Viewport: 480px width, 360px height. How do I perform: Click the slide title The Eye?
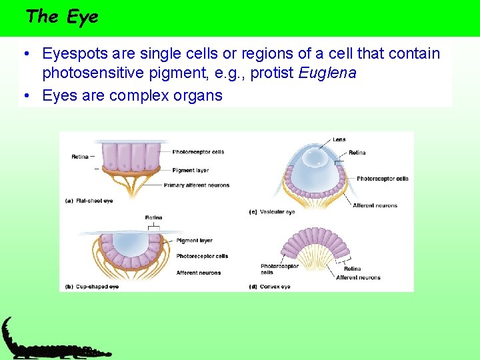click(x=61, y=17)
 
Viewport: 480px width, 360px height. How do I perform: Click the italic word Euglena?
click(x=327, y=73)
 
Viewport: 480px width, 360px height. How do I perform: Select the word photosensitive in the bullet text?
click(x=102, y=73)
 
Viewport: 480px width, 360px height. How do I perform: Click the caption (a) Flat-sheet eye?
click(x=89, y=200)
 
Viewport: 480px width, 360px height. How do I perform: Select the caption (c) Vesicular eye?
click(x=271, y=212)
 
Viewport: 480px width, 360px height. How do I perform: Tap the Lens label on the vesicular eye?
click(x=339, y=139)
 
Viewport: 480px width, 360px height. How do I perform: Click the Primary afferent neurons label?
click(x=196, y=185)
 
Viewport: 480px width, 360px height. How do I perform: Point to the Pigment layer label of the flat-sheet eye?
click(x=191, y=170)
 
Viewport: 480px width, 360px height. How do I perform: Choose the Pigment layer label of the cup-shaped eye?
click(x=195, y=241)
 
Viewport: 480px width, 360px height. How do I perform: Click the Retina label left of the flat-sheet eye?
click(x=80, y=157)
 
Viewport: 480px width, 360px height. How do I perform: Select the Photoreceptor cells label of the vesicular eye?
click(x=382, y=179)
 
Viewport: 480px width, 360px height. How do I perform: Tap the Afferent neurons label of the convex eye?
click(x=358, y=277)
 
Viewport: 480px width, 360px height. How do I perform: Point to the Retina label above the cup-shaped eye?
click(x=153, y=218)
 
